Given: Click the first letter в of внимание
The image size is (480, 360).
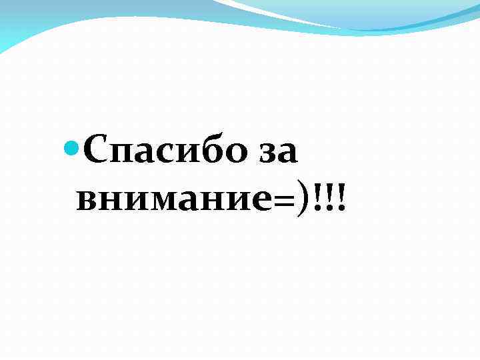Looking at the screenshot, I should click(87, 199).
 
